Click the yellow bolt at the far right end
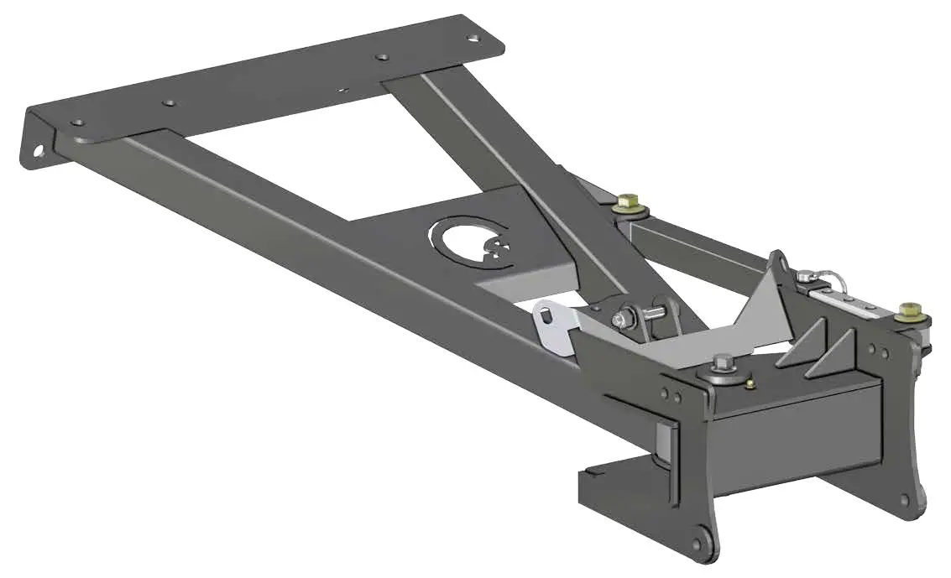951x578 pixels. pyautogui.click(x=907, y=312)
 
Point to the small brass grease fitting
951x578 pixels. pyautogui.click(x=750, y=384)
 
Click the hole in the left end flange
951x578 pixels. pyautogui.click(x=39, y=153)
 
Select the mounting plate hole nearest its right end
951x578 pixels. pyautogui.click(x=474, y=38)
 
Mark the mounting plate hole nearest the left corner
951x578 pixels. pyautogui.click(x=77, y=122)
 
